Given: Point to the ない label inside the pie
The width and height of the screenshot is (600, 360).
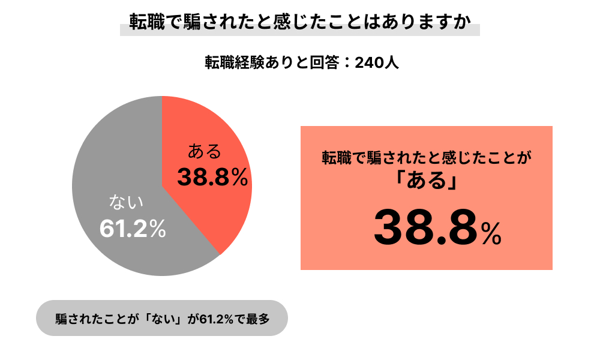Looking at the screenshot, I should (x=125, y=202).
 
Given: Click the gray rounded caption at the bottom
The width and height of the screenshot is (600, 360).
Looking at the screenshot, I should (x=162, y=318).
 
